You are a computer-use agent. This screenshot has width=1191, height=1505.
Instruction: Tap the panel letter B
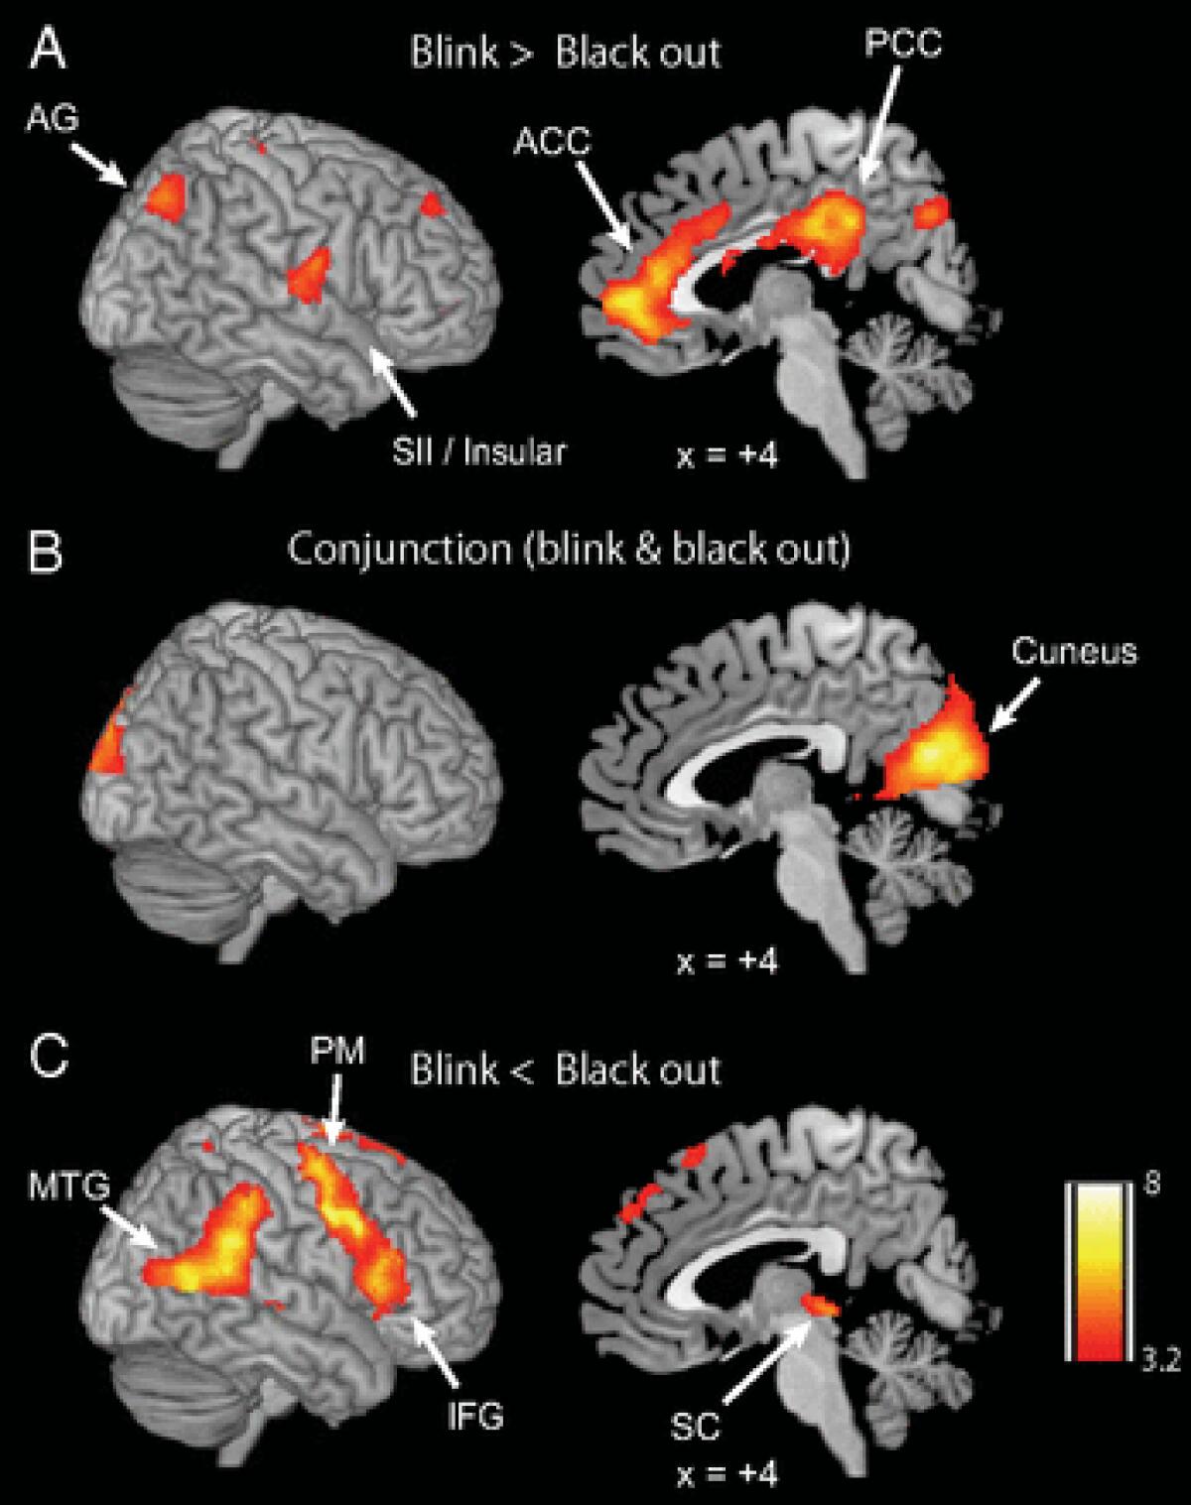pyautogui.click(x=46, y=552)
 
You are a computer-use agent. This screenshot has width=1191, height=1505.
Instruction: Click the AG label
pyautogui.click(x=53, y=120)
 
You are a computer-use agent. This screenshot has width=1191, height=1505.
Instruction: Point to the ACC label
pyautogui.click(x=552, y=141)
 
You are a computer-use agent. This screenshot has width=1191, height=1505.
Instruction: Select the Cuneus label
pyautogui.click(x=1076, y=652)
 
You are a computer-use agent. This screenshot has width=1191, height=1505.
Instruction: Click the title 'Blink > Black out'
pyautogui.click(x=566, y=52)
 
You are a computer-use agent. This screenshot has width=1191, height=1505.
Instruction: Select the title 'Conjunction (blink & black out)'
pyautogui.click(x=568, y=549)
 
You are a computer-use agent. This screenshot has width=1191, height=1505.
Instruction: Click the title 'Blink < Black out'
pyautogui.click(x=566, y=1069)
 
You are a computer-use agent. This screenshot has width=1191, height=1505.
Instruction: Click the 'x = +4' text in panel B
pyautogui.click(x=728, y=960)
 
